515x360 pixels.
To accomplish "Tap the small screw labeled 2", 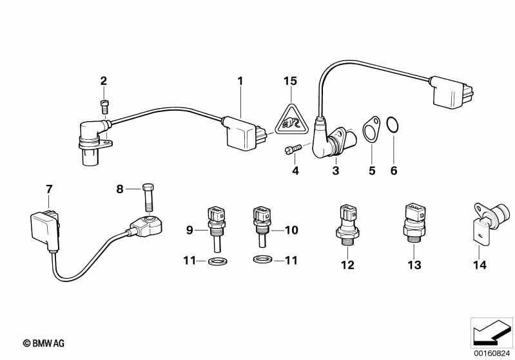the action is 104,106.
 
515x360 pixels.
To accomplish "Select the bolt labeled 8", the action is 148,198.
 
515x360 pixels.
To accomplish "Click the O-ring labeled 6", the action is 393,125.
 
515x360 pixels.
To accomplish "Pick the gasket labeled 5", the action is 371,130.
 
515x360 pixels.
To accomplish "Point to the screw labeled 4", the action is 292,149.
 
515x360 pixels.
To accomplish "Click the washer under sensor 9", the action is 217,261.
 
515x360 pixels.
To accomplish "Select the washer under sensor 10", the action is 263,260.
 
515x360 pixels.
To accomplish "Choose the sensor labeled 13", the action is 413,223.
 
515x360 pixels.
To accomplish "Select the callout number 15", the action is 290,81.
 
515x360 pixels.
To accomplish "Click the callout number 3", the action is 335,171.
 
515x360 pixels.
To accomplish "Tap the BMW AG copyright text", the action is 44,343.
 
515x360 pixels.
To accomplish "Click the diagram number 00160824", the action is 492,354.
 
